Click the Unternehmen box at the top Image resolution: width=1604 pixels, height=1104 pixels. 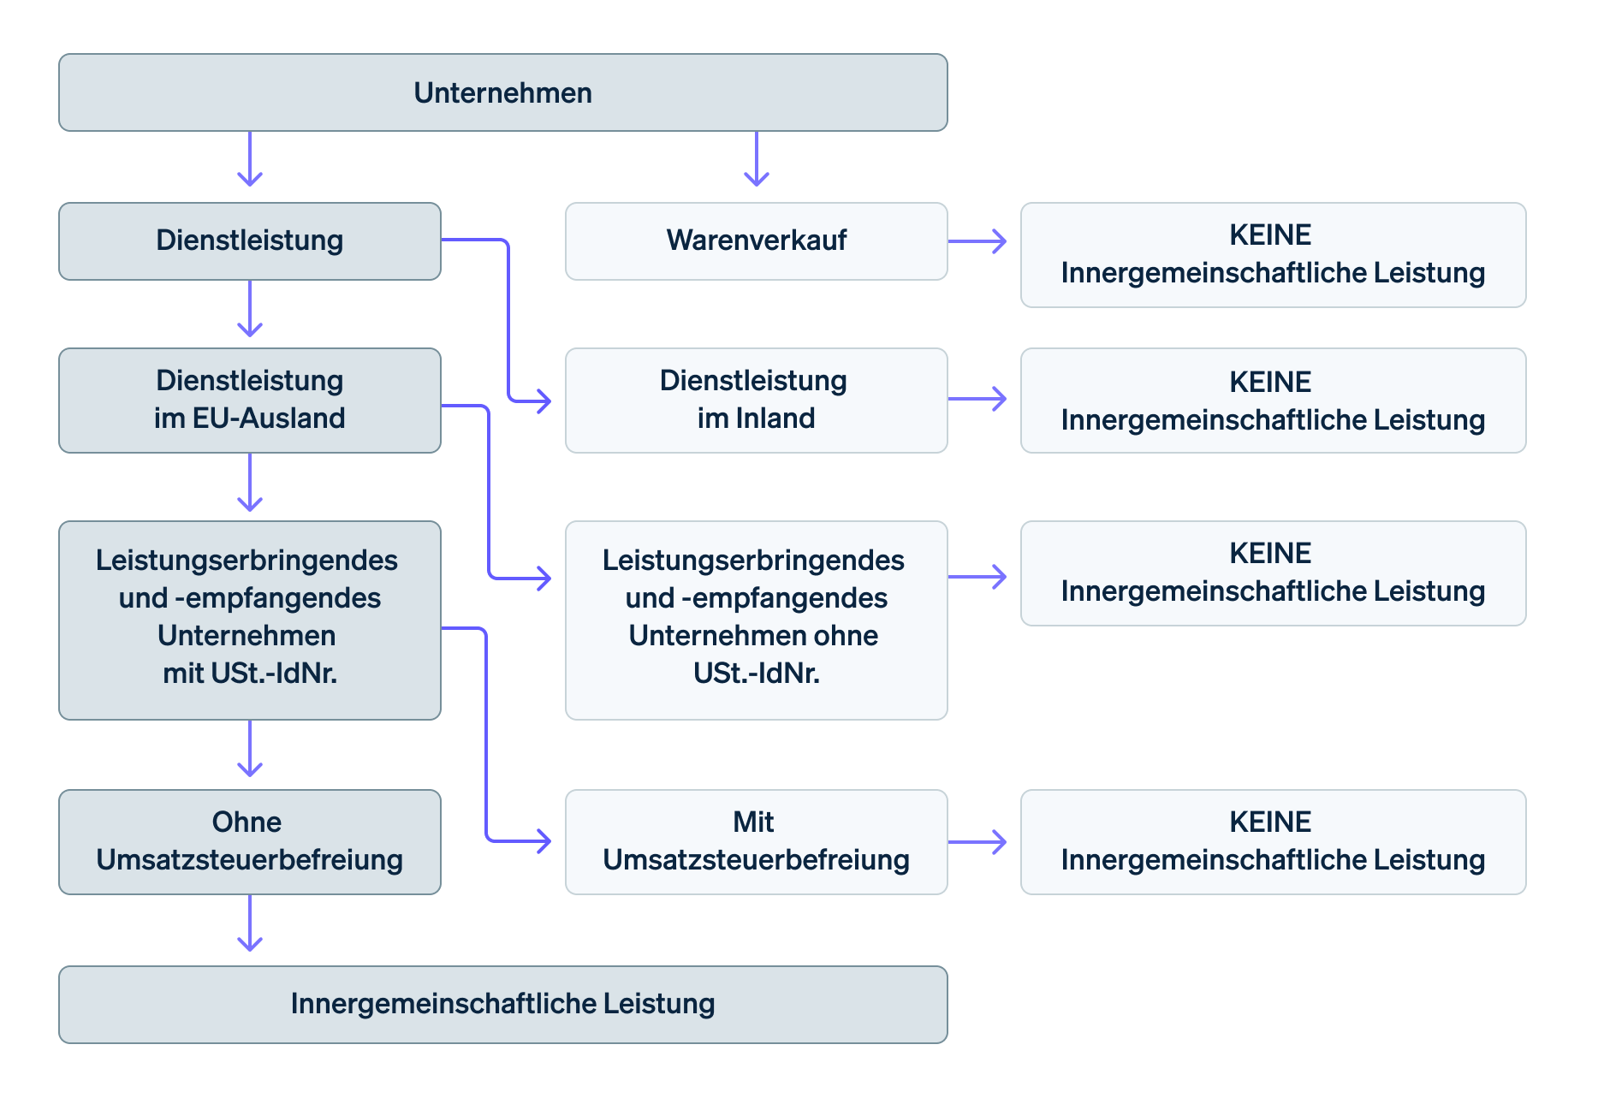(502, 92)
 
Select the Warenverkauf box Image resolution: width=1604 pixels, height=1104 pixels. (756, 240)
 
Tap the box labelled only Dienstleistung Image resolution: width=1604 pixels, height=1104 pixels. (249, 240)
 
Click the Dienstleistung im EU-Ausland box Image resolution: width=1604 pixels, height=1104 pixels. (249, 400)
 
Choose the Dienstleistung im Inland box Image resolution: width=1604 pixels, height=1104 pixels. (756, 400)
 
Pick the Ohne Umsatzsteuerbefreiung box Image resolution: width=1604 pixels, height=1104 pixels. (249, 841)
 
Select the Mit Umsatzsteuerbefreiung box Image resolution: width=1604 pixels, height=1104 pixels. (756, 841)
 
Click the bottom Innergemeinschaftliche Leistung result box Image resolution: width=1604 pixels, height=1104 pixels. (502, 1004)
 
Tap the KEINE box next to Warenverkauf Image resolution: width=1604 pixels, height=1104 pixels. (1273, 254)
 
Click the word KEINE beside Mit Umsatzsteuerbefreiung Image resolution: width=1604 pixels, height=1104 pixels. (1270, 822)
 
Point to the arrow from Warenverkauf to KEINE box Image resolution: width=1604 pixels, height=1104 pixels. (977, 241)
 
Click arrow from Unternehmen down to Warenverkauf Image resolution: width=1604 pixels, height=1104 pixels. (757, 159)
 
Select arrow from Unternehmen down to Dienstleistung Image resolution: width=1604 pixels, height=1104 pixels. (250, 159)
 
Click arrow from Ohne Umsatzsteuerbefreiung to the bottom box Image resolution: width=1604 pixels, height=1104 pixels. (250, 924)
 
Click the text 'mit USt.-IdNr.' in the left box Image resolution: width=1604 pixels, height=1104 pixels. (250, 674)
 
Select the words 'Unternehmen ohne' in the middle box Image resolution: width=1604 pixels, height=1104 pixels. (753, 636)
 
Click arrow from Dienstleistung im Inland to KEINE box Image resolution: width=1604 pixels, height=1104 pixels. (977, 399)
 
